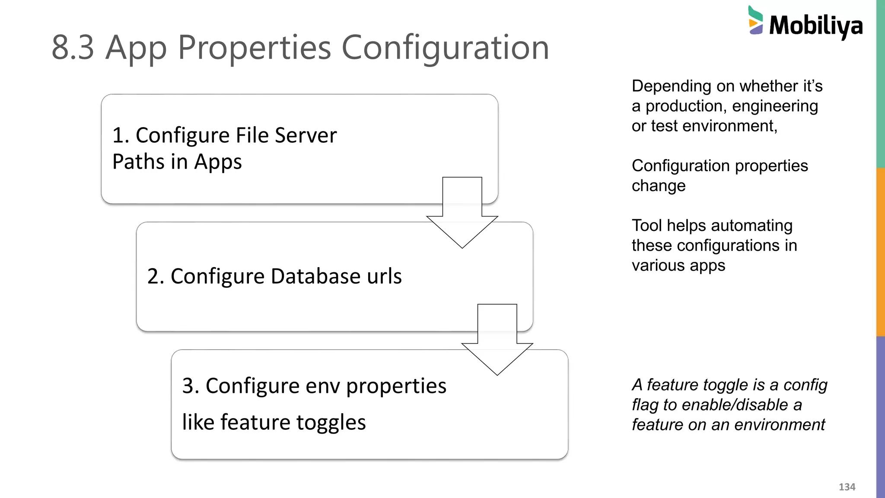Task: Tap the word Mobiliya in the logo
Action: point(816,26)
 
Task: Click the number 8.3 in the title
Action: point(73,48)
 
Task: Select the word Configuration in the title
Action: point(445,48)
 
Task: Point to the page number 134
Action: point(847,487)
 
